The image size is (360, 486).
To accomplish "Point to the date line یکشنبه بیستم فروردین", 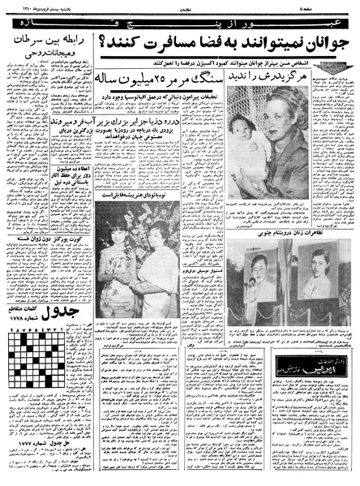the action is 49,6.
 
